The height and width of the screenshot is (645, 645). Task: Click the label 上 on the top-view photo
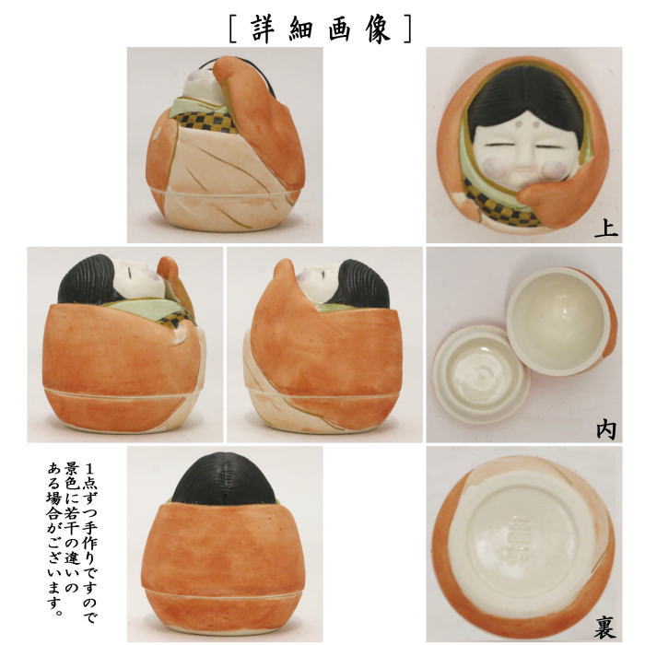(x=604, y=228)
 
